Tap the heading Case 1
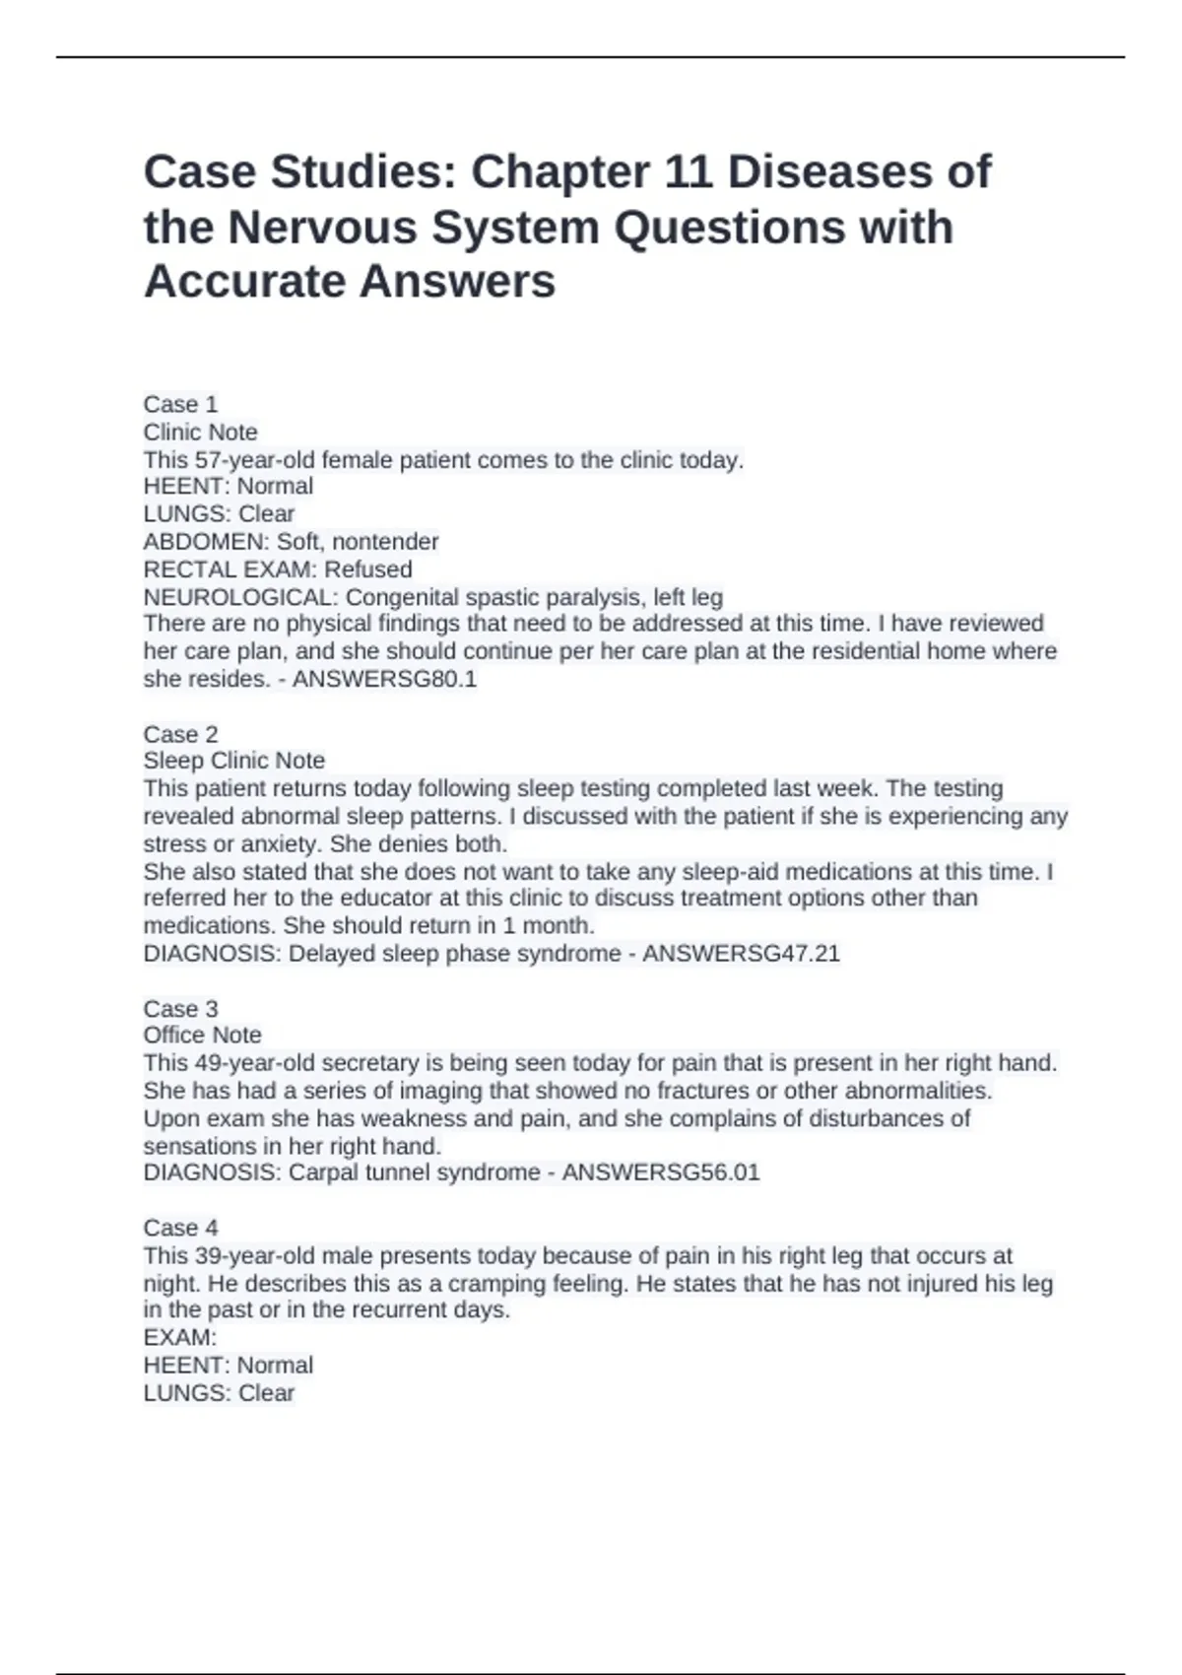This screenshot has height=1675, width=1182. click(x=180, y=405)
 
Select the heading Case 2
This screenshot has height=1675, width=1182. click(x=180, y=734)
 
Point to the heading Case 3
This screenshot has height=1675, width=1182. click(x=180, y=1009)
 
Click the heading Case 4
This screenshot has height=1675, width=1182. click(x=180, y=1228)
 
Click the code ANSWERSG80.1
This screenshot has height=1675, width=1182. click(x=384, y=679)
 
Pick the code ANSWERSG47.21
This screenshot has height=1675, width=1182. click(x=741, y=954)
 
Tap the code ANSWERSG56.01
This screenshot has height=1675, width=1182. click(x=660, y=1172)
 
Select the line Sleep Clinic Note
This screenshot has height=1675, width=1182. click(x=233, y=761)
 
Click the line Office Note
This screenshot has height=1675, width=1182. click(x=202, y=1036)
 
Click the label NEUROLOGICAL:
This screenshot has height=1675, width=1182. click(x=240, y=597)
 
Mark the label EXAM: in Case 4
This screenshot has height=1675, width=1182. click(x=179, y=1338)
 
